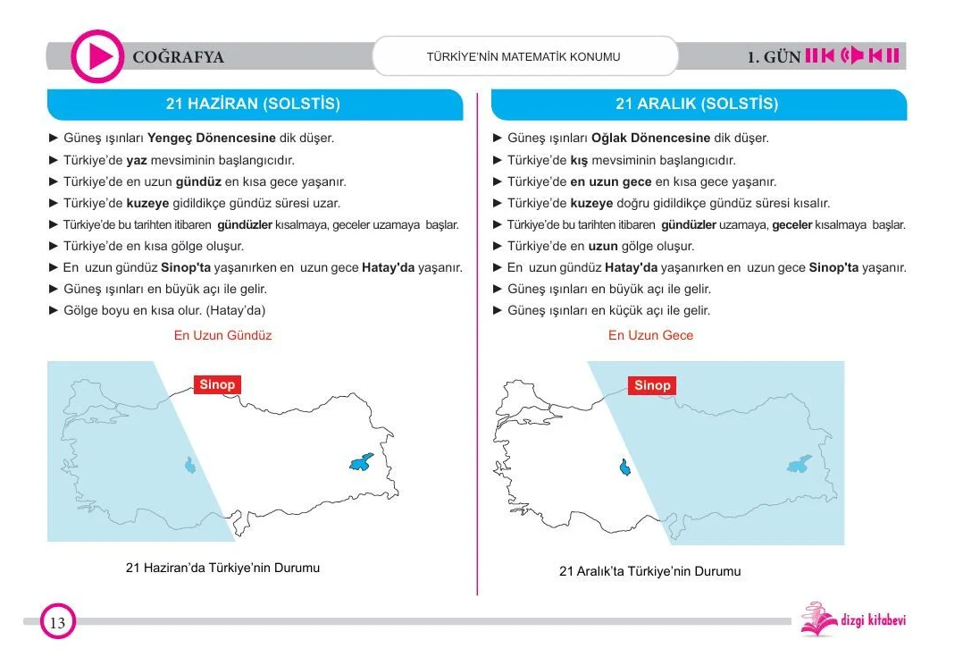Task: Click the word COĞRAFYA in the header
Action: coord(178,58)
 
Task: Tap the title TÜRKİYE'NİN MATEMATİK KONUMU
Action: coord(523,57)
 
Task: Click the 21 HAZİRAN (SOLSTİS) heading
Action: coord(253,104)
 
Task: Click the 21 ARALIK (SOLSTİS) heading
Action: coord(697,104)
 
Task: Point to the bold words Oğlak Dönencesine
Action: coord(650,139)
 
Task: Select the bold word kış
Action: coord(579,160)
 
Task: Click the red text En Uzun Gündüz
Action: coord(222,335)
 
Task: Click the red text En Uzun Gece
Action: coord(650,335)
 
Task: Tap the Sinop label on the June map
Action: coord(217,384)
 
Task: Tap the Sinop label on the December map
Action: coord(652,385)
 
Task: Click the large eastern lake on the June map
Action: coord(362,462)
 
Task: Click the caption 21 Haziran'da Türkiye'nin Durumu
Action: coord(222,568)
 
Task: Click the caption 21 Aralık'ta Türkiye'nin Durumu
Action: coord(649,571)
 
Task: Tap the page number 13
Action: coord(57,623)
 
